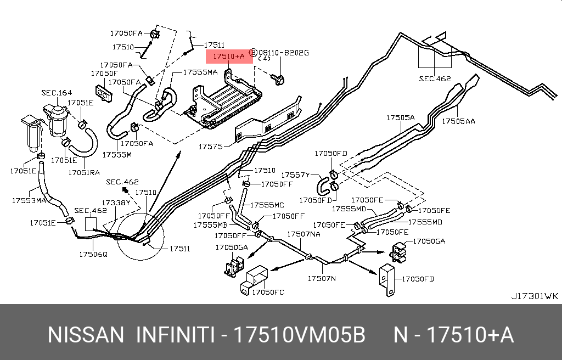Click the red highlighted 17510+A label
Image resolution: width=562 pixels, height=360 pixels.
[229, 56]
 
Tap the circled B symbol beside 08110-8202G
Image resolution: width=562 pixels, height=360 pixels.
[254, 53]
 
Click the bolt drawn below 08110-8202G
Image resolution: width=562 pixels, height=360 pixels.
[278, 80]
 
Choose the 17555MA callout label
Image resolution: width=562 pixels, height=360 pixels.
[200, 72]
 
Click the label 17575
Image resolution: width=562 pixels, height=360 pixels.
[210, 147]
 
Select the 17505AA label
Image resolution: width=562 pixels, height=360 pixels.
[459, 121]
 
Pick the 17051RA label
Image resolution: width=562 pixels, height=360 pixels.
[84, 172]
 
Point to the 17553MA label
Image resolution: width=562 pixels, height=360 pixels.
[29, 200]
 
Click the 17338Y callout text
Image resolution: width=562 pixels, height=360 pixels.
[116, 203]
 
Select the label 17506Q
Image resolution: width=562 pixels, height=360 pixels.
[93, 254]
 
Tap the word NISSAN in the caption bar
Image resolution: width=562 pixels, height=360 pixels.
[86, 335]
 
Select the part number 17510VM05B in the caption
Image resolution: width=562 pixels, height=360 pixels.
[300, 335]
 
